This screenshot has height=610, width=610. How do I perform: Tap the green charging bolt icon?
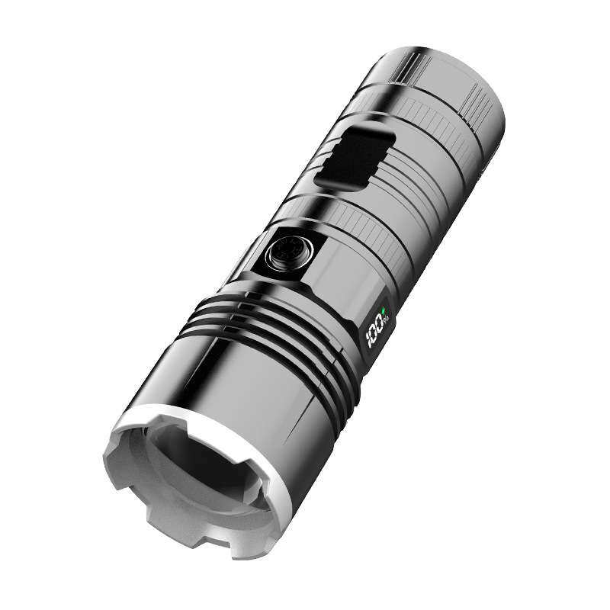coord(384,310)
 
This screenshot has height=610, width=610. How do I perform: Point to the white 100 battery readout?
coord(374,330)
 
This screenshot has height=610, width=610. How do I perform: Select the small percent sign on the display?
coord(388,320)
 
